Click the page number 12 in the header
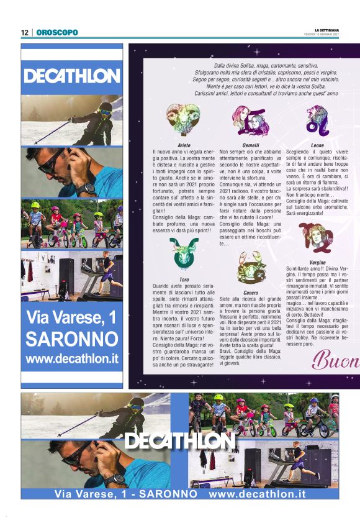pyautogui.click(x=24, y=32)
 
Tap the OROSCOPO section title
pyautogui.click(x=57, y=32)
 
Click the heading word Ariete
pyautogui.click(x=184, y=145)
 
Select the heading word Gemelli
pyautogui.click(x=250, y=145)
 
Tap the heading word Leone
pyautogui.click(x=317, y=145)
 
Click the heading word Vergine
pyautogui.click(x=317, y=262)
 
